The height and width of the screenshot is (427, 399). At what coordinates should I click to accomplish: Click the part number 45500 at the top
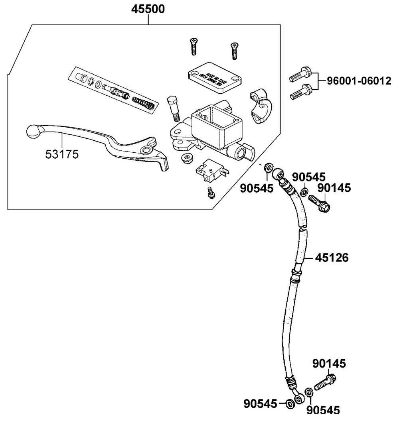(x=148, y=9)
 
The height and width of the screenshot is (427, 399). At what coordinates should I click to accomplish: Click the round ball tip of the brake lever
(x=33, y=131)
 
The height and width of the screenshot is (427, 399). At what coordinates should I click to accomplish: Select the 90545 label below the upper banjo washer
(x=257, y=188)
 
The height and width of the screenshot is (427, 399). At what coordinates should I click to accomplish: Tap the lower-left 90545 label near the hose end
(x=260, y=404)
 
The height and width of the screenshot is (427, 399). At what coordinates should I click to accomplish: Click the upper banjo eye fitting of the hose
(x=278, y=173)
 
